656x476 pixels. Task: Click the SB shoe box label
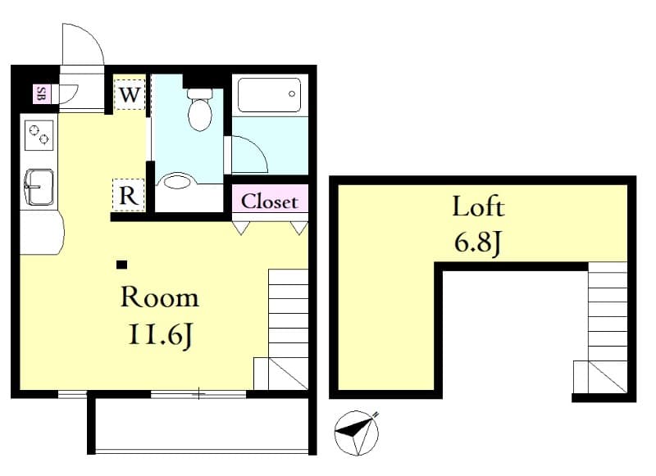(x=40, y=94)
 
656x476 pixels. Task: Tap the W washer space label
(x=130, y=94)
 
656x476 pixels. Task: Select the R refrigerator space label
(x=129, y=196)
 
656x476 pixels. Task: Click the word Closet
(x=270, y=201)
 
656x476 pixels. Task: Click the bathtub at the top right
(x=269, y=95)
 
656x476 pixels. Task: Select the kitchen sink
(x=38, y=188)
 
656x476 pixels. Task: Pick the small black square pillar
(x=121, y=264)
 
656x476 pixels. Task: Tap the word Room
(x=159, y=297)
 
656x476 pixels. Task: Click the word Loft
(x=478, y=206)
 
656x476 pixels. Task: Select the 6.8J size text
(x=477, y=243)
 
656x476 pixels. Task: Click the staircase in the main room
(x=286, y=328)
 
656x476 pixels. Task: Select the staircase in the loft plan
(x=605, y=328)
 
